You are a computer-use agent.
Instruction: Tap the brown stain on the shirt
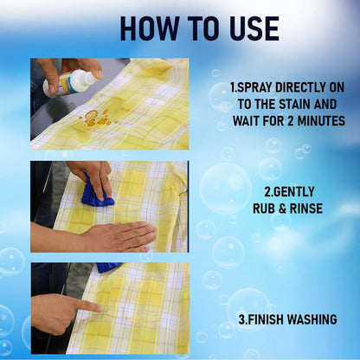(x=93, y=119)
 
